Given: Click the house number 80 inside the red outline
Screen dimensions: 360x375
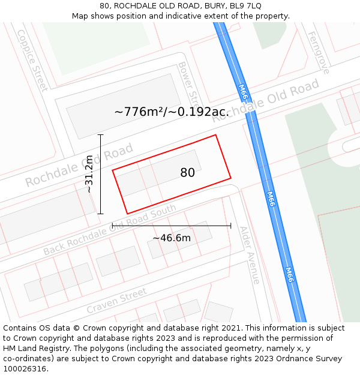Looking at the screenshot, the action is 187,173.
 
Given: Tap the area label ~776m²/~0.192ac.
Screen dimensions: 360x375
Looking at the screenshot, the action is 171,112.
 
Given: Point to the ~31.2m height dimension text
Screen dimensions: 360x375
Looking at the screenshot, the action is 89,174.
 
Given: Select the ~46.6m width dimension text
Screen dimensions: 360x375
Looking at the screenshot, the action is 172,238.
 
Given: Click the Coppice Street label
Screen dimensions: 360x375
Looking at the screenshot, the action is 32,61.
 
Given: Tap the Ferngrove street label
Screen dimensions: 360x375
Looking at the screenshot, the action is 318,53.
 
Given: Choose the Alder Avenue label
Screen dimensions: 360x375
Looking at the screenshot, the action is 250,255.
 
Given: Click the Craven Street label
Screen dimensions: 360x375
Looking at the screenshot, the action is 116,301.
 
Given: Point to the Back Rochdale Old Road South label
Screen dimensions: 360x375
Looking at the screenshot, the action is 110,230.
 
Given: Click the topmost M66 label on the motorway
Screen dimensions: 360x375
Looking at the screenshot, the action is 242,91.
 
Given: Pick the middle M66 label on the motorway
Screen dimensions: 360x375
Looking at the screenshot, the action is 271,199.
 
